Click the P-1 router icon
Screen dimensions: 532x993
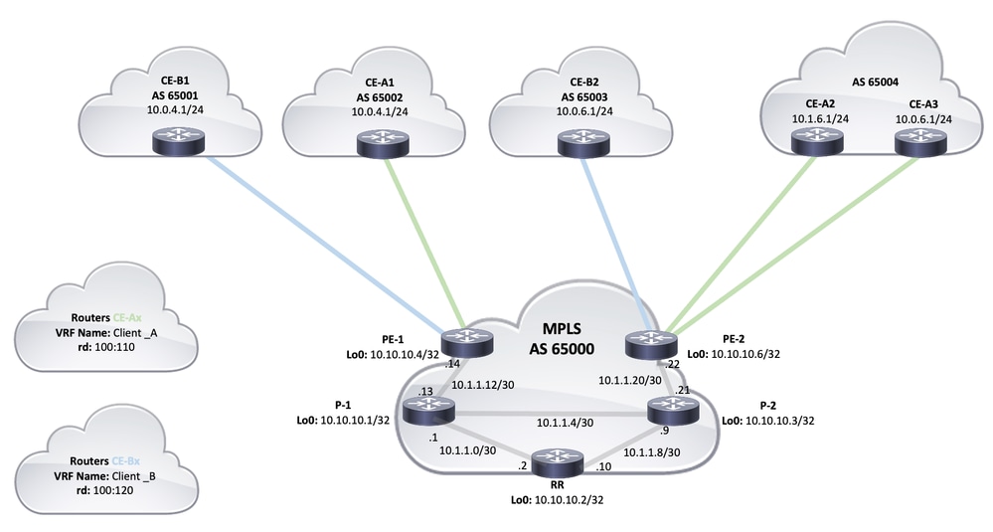(428, 408)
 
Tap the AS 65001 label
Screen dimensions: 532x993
(170, 95)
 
